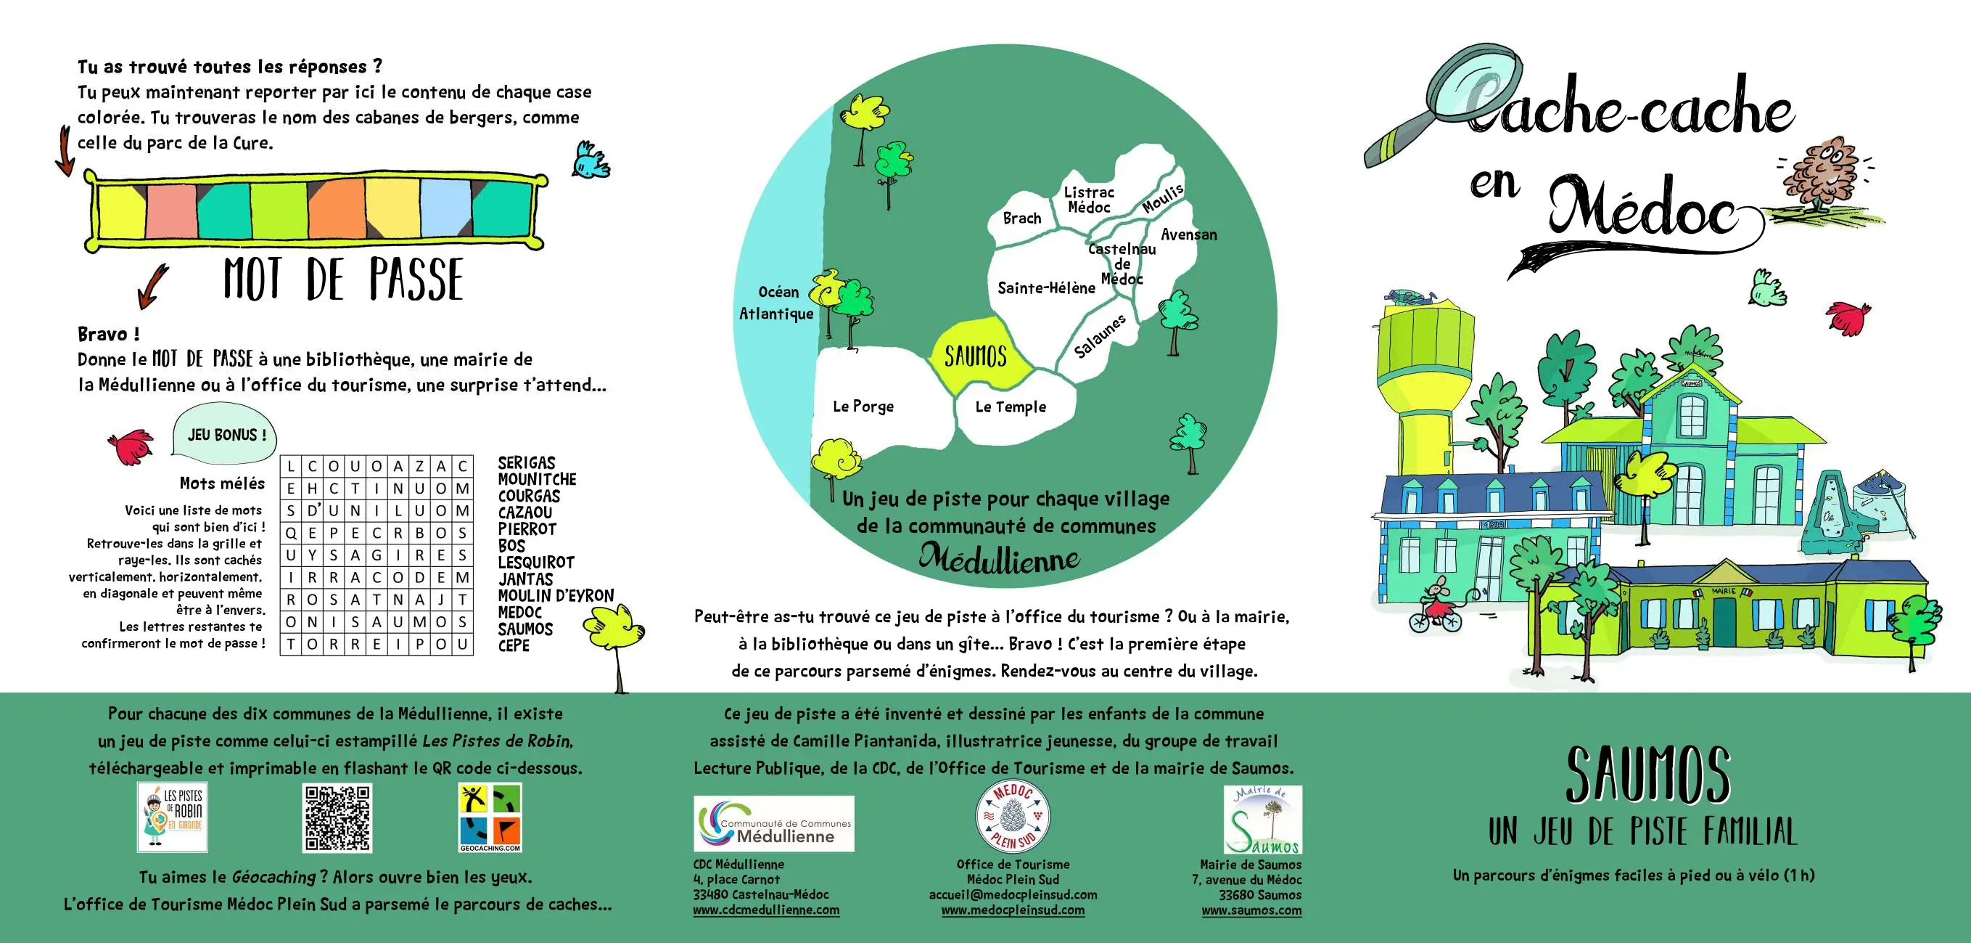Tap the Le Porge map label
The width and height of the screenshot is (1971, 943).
(x=863, y=406)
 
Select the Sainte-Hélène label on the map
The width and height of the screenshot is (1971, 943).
(x=1046, y=287)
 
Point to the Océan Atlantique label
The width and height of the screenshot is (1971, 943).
(x=777, y=302)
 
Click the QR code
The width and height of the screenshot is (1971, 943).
(x=337, y=817)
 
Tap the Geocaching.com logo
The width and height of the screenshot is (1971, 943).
(x=490, y=817)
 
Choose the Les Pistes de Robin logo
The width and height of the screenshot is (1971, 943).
(x=173, y=817)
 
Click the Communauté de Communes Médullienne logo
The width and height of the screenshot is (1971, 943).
(x=773, y=824)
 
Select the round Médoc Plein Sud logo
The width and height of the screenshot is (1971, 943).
(x=1013, y=817)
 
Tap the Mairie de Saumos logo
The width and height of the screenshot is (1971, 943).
(x=1262, y=820)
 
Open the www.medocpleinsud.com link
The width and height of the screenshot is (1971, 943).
(x=1012, y=910)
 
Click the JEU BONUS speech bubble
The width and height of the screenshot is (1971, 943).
(x=225, y=435)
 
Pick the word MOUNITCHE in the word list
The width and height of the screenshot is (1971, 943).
(x=537, y=480)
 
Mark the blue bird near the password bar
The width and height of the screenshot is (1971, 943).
(x=590, y=161)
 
